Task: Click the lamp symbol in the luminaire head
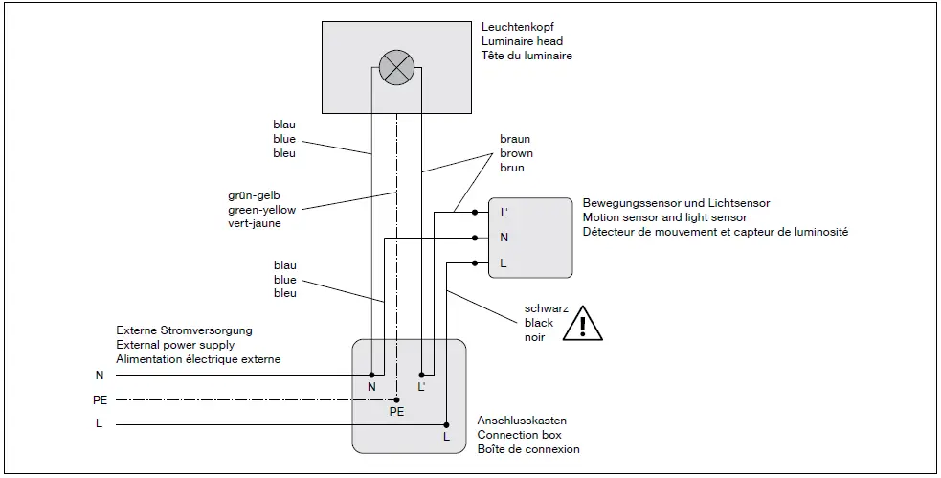click(395, 68)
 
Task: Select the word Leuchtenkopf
click(515, 26)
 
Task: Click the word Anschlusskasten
click(522, 421)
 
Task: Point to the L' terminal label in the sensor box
click(504, 212)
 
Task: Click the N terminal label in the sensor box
click(504, 237)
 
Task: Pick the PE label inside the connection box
click(396, 412)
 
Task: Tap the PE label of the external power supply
click(99, 399)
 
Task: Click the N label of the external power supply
click(99, 375)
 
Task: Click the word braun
click(515, 139)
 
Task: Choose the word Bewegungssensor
click(627, 203)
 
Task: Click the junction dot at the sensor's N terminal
click(476, 237)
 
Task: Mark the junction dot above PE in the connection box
click(396, 398)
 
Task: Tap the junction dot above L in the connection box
click(445, 423)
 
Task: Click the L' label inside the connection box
click(422, 386)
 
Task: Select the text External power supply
click(175, 345)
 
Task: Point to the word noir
click(535, 337)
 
